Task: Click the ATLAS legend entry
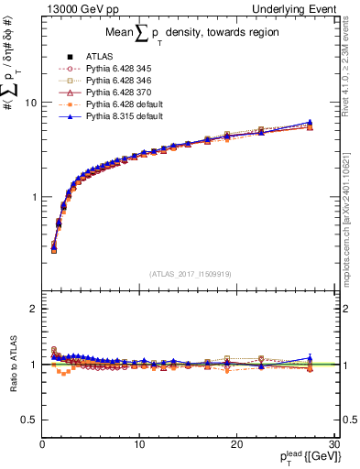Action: click(x=98, y=56)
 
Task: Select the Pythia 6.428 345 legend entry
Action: click(x=117, y=68)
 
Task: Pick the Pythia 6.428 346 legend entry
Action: click(x=117, y=80)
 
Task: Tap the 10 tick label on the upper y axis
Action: click(x=29, y=103)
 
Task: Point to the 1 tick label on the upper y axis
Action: click(x=33, y=197)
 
